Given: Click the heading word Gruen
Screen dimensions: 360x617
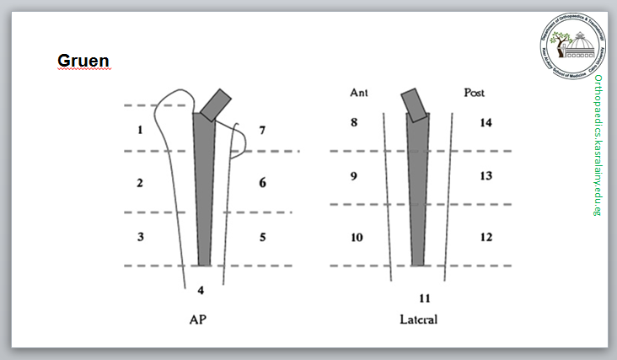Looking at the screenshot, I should point(83,61).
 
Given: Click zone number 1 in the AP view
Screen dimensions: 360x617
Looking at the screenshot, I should point(139,130).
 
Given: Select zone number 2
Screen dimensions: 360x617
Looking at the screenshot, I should point(139,183).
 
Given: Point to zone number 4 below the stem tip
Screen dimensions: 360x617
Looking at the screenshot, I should point(201,291).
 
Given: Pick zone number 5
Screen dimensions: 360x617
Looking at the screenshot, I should point(263,237).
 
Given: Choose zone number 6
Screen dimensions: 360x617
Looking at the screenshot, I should point(263,182).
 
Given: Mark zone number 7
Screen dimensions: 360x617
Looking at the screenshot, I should point(263,130).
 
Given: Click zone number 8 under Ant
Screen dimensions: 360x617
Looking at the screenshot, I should point(354,123).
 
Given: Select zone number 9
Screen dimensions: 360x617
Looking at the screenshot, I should point(354,176).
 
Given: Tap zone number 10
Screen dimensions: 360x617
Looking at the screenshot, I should point(357,237).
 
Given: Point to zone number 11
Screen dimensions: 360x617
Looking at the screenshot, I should point(424,298).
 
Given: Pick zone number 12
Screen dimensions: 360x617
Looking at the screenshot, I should point(486,237).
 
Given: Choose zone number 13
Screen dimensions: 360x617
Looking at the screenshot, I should point(486,176).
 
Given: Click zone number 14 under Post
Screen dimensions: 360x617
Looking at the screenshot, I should point(486,123).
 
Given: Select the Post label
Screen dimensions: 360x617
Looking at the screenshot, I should point(475,93).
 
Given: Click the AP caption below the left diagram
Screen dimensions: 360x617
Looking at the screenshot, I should point(199,320).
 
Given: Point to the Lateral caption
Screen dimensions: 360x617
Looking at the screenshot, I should point(419,320).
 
